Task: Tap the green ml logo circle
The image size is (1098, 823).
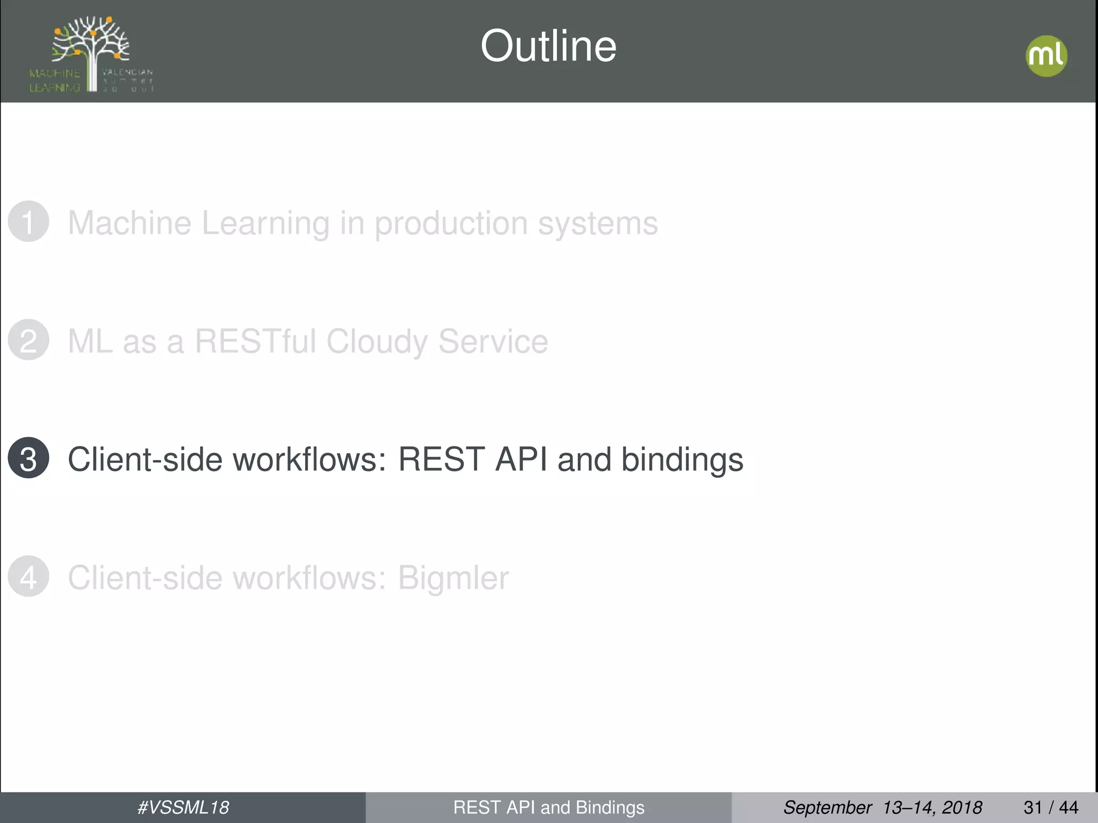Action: [x=1046, y=56]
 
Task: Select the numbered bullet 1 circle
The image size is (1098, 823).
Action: [x=28, y=221]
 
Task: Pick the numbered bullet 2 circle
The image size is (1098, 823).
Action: [x=28, y=340]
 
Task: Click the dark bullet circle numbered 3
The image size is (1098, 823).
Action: [x=28, y=458]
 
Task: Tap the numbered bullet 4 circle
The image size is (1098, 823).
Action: [x=28, y=577]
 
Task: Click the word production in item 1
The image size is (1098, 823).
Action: [x=450, y=223]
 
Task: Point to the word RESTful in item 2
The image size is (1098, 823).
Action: [x=255, y=341]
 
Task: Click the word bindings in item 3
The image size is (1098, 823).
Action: [x=682, y=460]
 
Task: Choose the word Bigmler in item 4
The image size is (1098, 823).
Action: [x=453, y=579]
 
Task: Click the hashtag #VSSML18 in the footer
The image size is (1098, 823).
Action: [x=183, y=807]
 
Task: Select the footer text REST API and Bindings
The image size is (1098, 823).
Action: [x=548, y=807]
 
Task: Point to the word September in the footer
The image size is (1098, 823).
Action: [x=827, y=807]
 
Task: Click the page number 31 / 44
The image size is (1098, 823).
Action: [x=1051, y=807]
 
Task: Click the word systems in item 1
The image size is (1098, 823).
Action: [x=597, y=223]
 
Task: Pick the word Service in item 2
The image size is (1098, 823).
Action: [x=493, y=341]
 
